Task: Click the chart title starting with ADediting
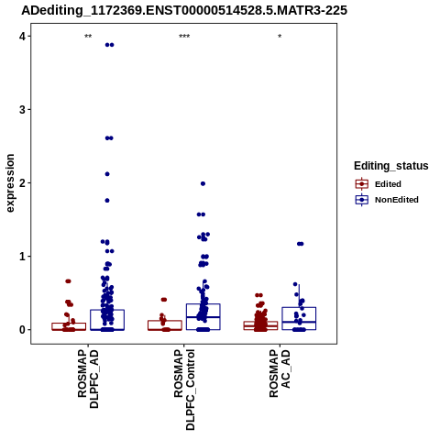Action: [x=184, y=10]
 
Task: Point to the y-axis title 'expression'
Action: [x=10, y=183]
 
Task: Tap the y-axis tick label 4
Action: [x=22, y=37]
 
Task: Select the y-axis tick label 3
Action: [x=22, y=110]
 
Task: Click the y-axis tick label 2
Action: [x=22, y=183]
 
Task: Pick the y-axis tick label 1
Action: [x=22, y=257]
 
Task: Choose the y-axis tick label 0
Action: [x=22, y=330]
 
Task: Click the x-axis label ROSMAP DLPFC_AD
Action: [x=88, y=379]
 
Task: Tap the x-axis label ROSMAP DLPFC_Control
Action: [x=184, y=390]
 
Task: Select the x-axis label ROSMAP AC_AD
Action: [x=280, y=373]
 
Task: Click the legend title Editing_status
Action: [x=391, y=166]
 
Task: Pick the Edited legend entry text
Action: [x=388, y=184]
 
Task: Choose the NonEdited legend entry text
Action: [x=397, y=200]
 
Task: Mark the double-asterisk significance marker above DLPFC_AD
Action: [x=88, y=37]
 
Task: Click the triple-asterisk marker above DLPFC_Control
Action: [x=184, y=37]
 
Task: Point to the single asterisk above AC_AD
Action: [x=280, y=37]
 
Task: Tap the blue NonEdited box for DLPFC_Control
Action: [x=203, y=304]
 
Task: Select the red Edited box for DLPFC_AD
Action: [x=69, y=324]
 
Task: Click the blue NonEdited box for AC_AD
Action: [x=299, y=307]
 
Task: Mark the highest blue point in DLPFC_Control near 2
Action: [x=203, y=183]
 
